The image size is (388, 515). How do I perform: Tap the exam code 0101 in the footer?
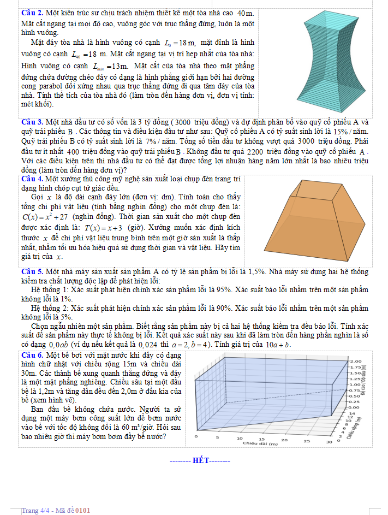coord(82,510)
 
